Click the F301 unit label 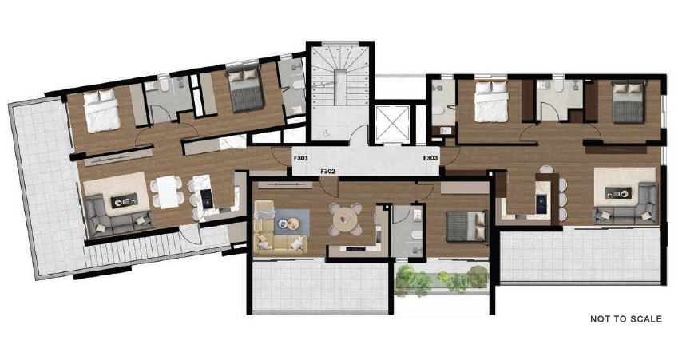pos(300,158)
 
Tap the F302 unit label pos(327,171)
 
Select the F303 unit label pos(430,158)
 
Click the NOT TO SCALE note pos(625,319)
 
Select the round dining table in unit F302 pos(344,217)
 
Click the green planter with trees pos(442,279)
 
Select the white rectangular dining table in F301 pos(167,192)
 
